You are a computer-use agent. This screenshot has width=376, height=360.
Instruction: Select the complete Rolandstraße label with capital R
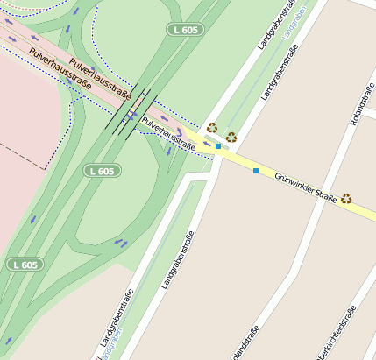361,104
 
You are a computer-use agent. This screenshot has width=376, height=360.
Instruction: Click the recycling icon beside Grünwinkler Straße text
346,199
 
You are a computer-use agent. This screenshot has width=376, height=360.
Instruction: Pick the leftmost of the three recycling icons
211,128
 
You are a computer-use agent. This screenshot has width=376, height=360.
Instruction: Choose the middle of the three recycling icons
231,137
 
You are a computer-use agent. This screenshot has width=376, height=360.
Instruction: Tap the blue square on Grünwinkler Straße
256,170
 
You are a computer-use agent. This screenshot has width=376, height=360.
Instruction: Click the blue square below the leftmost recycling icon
217,146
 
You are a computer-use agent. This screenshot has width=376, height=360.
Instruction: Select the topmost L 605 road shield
185,30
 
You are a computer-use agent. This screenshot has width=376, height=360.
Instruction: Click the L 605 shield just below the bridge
102,170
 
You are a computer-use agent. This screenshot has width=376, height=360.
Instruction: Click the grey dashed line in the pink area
26,157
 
